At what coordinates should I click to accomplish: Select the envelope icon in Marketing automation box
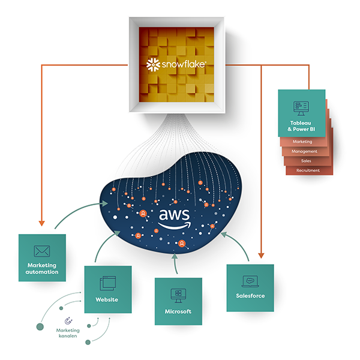pos(41,251)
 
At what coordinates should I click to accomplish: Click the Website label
pos(106,299)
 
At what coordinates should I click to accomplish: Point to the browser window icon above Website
pos(107,281)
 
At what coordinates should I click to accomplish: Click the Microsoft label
pos(178,311)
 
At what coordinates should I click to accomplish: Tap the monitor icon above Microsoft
pos(178,295)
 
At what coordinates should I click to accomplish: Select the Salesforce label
pos(250,296)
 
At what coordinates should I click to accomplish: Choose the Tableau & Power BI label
pos(301,126)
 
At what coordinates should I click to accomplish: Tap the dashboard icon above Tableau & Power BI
pos(301,107)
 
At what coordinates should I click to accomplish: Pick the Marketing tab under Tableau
pos(302,142)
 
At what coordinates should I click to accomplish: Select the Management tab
pos(304,152)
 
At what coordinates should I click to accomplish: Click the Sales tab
pos(306,161)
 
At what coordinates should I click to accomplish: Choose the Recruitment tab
pos(307,170)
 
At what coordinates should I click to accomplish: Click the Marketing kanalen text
pos(68,334)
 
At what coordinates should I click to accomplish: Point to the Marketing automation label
pos(42,268)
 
